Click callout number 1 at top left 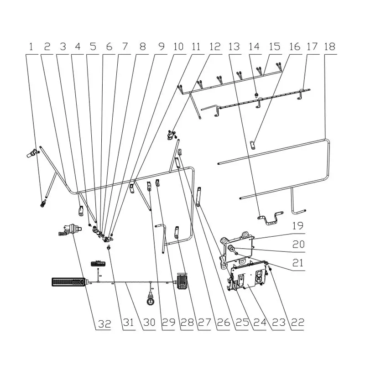(31, 47)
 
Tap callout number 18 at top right (329, 47)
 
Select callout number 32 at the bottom (104, 324)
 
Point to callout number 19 (298, 225)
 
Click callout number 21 (298, 263)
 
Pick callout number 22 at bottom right (298, 323)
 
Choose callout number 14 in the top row (254, 47)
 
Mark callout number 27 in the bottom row (204, 323)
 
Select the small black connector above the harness (98, 264)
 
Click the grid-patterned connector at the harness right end (182, 281)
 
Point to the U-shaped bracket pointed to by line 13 (270, 218)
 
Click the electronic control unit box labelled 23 (248, 277)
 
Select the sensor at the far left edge (32, 154)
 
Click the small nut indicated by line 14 (256, 94)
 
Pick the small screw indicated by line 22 (270, 268)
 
